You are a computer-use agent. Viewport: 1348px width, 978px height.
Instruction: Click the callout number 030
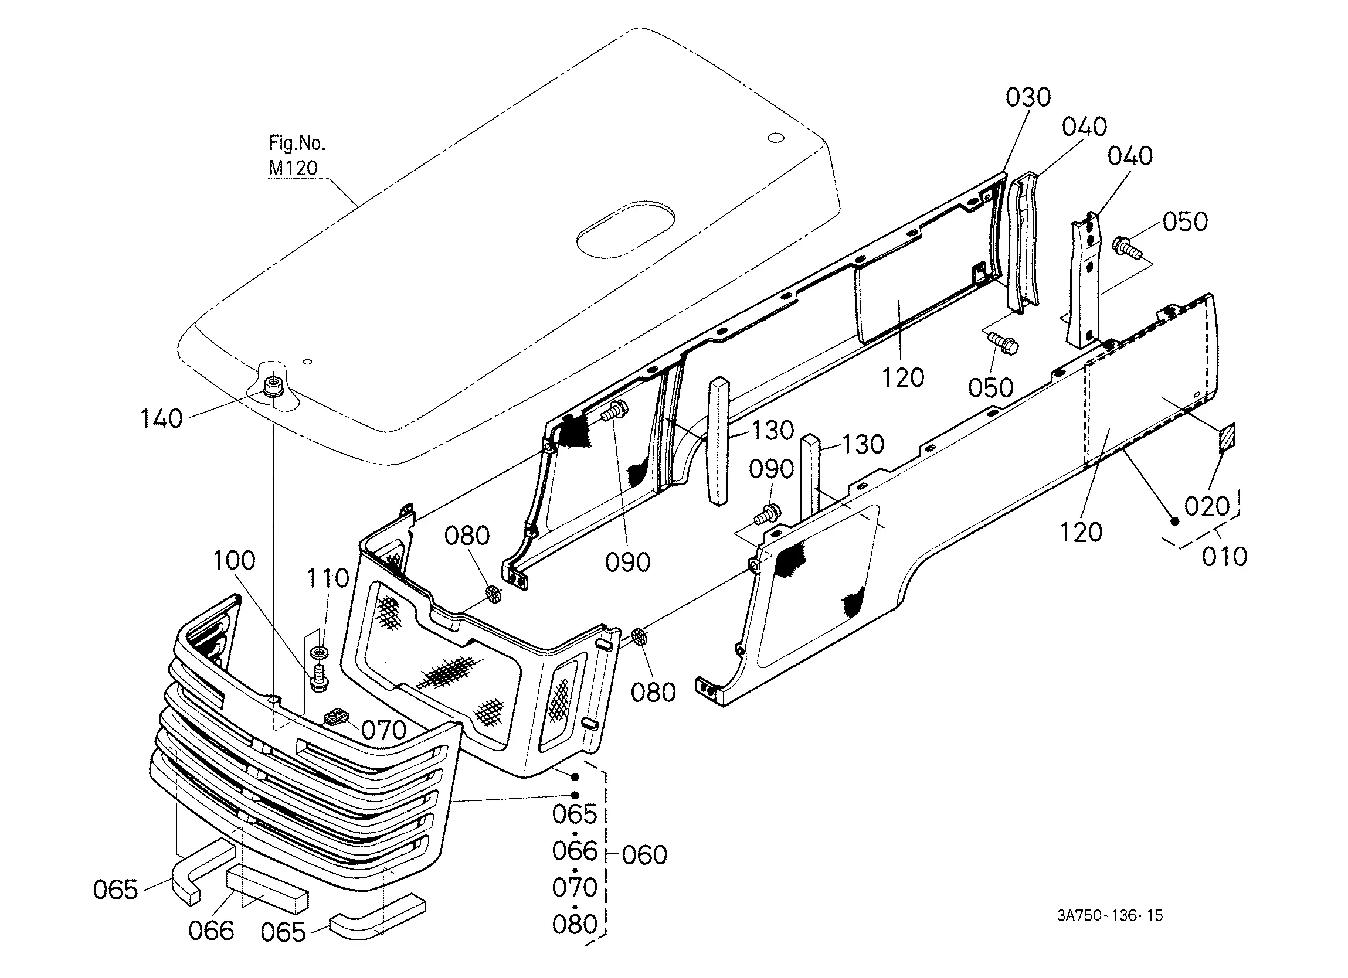coord(1028,97)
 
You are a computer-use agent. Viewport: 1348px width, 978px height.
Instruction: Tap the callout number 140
coord(161,419)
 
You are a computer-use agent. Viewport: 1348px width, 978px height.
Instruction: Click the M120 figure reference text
coord(293,168)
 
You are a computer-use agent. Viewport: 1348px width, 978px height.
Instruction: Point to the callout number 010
coord(1224,557)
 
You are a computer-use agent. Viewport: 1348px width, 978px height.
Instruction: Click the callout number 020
coord(1207,507)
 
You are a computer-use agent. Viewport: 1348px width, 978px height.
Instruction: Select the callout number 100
coord(234,560)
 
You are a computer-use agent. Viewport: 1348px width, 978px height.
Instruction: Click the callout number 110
coord(328,578)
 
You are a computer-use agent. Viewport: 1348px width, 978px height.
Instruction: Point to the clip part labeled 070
coord(337,717)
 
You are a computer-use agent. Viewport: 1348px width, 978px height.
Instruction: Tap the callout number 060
coord(645,855)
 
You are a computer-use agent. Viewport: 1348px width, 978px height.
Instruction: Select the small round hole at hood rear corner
coord(776,138)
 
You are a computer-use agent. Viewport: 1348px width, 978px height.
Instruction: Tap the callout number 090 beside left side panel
coord(627,562)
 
